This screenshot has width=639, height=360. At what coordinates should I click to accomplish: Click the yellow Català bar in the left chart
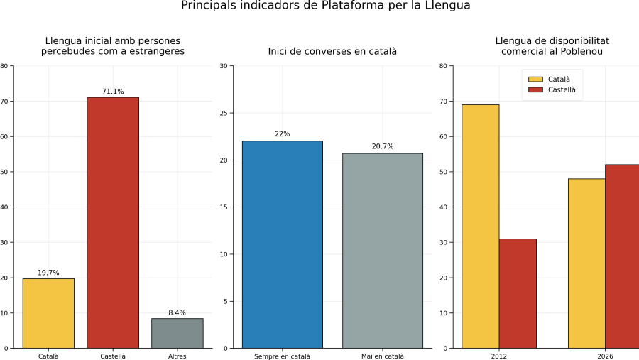click(48, 313)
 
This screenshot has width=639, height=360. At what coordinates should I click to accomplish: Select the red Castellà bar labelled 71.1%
click(113, 223)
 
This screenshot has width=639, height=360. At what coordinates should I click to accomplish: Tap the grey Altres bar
click(177, 333)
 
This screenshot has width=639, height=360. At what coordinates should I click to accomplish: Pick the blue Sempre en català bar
click(283, 245)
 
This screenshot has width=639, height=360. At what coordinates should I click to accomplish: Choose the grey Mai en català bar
click(383, 251)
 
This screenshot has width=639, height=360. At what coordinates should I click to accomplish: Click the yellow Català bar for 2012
click(481, 227)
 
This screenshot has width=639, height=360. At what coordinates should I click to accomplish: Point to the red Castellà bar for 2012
click(518, 293)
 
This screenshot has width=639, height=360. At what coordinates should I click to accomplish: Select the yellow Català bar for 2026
click(587, 263)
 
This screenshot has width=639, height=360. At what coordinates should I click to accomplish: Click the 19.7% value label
click(48, 273)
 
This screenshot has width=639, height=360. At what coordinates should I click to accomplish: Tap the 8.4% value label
click(177, 312)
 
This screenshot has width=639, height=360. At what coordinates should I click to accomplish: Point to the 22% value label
click(283, 133)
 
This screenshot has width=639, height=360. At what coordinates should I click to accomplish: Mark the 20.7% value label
click(383, 146)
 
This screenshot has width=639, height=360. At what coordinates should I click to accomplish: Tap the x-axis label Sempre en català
click(283, 356)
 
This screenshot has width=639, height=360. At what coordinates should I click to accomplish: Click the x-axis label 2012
click(499, 356)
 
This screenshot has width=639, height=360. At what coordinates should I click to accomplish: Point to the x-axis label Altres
click(177, 356)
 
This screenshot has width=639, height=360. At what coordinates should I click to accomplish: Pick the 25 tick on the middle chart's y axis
click(224, 113)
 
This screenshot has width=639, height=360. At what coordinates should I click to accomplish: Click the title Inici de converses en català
click(332, 51)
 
